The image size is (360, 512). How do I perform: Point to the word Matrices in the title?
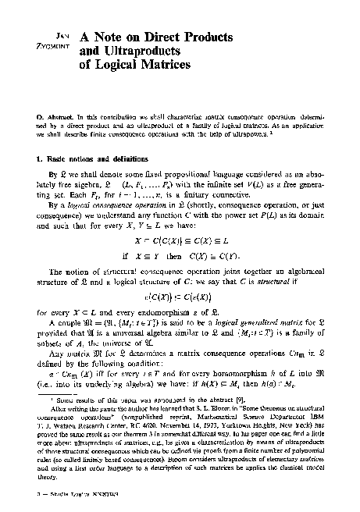tap(162, 66)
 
